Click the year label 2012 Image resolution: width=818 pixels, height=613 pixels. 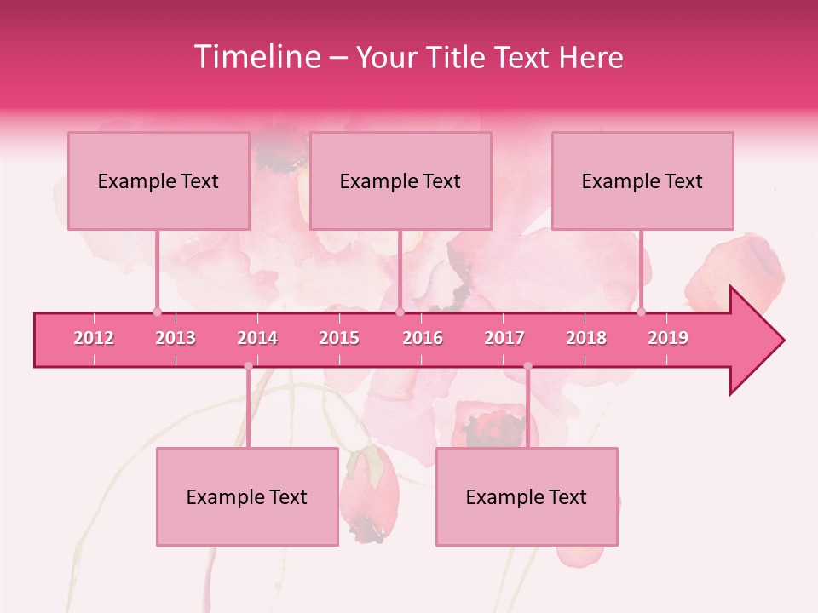[94, 338]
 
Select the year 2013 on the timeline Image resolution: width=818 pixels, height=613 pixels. [176, 338]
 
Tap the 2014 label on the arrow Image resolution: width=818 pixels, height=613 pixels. [257, 338]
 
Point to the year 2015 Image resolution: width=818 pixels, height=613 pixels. [339, 338]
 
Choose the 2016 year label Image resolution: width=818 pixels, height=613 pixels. [423, 338]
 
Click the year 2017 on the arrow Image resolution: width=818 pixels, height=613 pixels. [504, 338]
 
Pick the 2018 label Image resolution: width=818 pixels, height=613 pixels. [586, 338]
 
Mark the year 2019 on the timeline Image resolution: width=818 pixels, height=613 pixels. [668, 338]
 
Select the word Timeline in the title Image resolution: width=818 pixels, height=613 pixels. [256, 57]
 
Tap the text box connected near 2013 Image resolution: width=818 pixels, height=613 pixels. [158, 180]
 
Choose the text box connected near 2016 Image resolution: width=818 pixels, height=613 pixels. [400, 180]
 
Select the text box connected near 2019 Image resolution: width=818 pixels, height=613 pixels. [642, 180]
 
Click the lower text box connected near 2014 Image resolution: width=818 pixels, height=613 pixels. [247, 496]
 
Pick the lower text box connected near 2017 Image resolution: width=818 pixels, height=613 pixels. [527, 496]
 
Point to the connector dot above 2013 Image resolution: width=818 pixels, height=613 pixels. [157, 312]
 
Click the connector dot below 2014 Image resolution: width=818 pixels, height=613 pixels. [248, 366]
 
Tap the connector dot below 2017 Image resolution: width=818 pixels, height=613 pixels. [527, 366]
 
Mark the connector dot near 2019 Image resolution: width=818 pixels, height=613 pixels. [641, 312]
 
